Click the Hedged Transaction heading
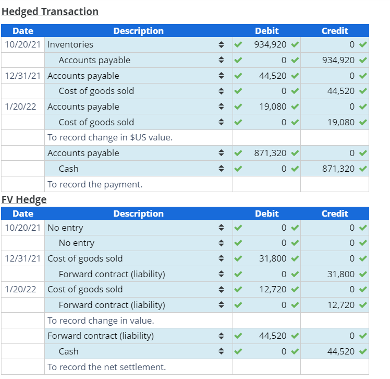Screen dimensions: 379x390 (50, 11)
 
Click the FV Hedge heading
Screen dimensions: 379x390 (24, 199)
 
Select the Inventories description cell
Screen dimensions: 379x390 (70, 45)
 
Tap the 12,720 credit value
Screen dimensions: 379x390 (342, 305)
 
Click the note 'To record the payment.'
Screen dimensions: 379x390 (95, 184)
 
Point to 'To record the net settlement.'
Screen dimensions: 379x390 (106, 367)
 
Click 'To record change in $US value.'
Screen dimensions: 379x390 (110, 138)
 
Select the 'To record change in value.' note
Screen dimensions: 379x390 (101, 321)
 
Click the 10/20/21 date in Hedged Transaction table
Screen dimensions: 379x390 (23, 45)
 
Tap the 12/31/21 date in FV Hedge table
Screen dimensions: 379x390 (23, 258)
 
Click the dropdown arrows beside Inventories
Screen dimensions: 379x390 (221, 45)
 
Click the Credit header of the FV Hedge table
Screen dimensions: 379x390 (335, 214)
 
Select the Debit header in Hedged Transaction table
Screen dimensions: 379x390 (266, 31)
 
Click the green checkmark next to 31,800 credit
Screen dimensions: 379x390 (363, 274)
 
